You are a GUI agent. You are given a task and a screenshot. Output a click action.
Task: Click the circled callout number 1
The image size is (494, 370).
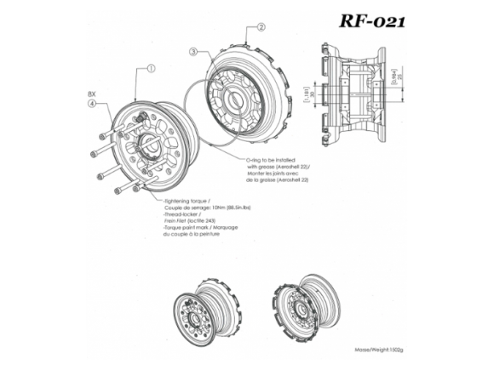pyautogui.click(x=150, y=69)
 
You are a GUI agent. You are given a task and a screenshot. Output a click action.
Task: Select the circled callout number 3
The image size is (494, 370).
pyautogui.click(x=194, y=52)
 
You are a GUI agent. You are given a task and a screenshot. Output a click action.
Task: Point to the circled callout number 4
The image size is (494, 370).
pyautogui.click(x=91, y=105)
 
